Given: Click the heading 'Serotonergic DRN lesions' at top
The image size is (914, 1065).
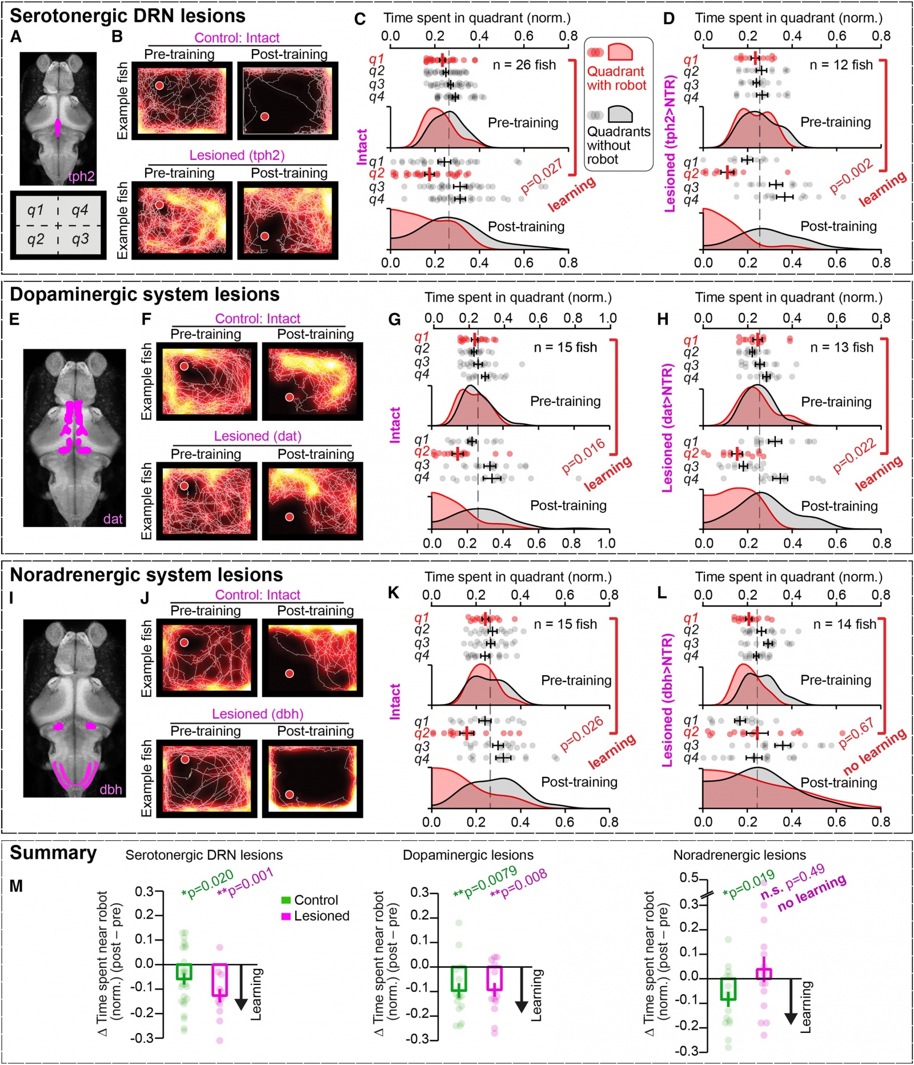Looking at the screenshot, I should pyautogui.click(x=127, y=15).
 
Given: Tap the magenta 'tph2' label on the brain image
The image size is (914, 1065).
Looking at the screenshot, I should pyautogui.click(x=81, y=176).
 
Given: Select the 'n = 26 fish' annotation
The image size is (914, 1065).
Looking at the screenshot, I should pyautogui.click(x=524, y=65).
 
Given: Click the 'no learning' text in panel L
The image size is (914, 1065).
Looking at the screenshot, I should pyautogui.click(x=875, y=751).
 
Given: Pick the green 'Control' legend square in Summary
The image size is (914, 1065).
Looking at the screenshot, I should pyautogui.click(x=286, y=900).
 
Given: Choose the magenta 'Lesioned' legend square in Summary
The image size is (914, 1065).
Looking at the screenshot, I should pyautogui.click(x=286, y=916).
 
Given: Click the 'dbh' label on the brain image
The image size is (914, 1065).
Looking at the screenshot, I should pyautogui.click(x=111, y=789).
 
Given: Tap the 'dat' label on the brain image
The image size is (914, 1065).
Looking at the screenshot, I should pyautogui.click(x=113, y=518).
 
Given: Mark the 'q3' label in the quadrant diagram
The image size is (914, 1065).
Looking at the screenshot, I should pyautogui.click(x=80, y=238).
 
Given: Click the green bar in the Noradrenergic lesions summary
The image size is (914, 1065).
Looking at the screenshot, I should pyautogui.click(x=728, y=988).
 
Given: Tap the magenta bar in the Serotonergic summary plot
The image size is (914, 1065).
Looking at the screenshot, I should pyautogui.click(x=219, y=980).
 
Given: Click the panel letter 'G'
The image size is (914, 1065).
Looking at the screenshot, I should pyautogui.click(x=394, y=320).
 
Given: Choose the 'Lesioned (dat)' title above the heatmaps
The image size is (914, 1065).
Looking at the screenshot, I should pyautogui.click(x=257, y=436).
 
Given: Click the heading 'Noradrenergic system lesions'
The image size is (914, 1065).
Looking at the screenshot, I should pyautogui.click(x=146, y=575).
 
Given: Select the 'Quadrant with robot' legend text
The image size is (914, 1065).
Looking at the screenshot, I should pyautogui.click(x=616, y=78).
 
